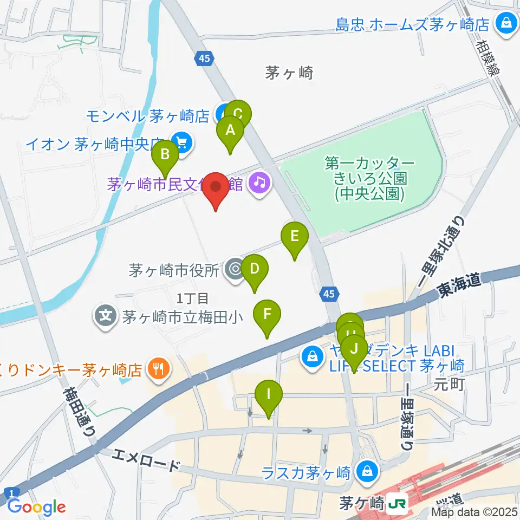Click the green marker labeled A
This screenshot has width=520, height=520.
[230, 131]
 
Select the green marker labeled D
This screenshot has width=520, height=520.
[254, 269]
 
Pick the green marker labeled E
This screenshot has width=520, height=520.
[295, 237]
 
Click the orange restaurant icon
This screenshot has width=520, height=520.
[158, 370]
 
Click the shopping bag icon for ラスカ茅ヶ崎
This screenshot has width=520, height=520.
[368, 471]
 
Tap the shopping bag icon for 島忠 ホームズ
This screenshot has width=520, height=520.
[506, 23]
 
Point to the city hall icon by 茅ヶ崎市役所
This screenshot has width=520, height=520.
[235, 269]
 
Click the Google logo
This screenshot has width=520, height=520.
[36, 506]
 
